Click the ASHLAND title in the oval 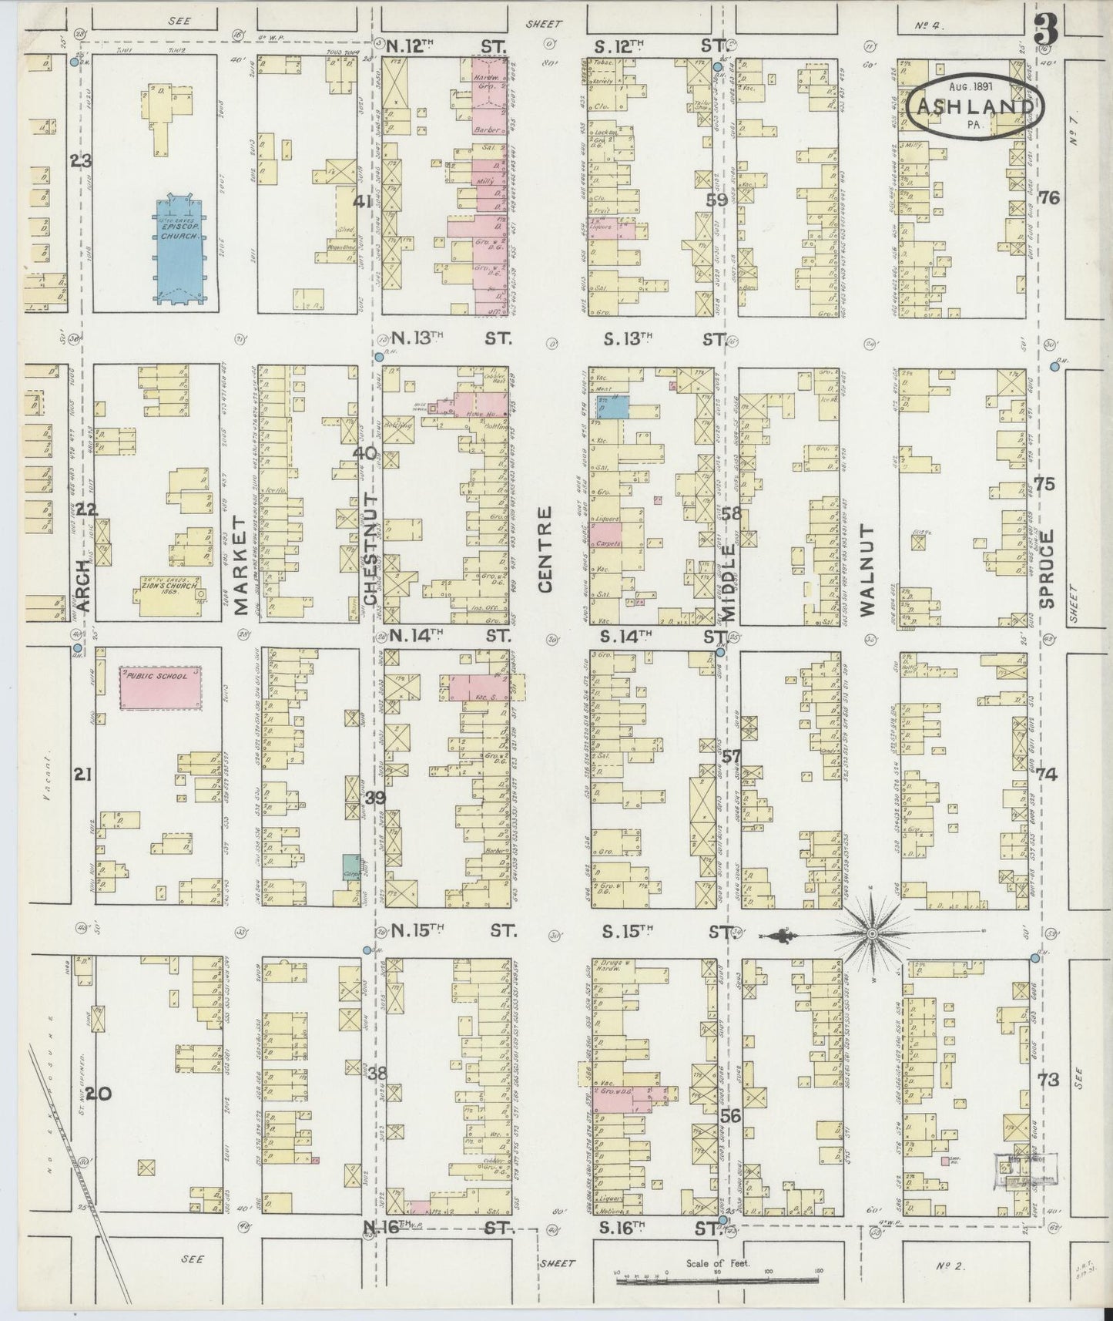[x=975, y=106]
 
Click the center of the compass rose [x=873, y=935]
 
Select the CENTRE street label [x=547, y=549]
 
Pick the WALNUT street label [x=869, y=570]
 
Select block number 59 [x=718, y=200]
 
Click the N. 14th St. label [x=451, y=637]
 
